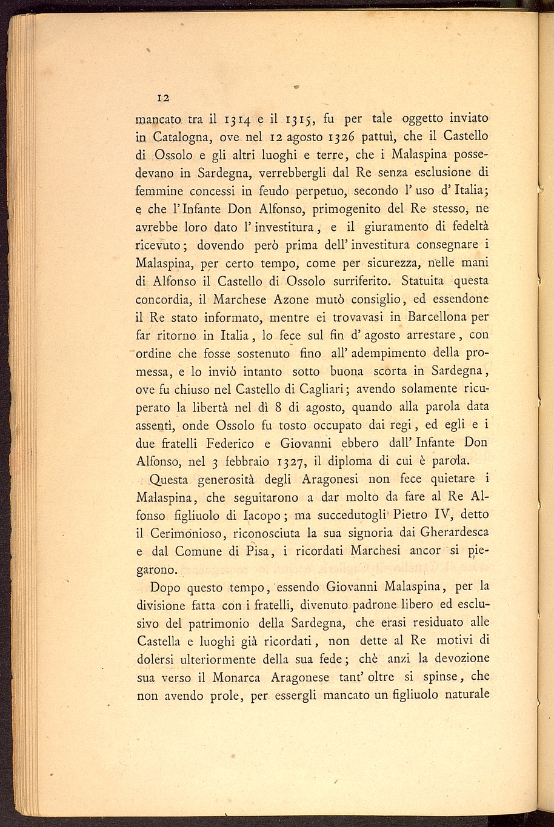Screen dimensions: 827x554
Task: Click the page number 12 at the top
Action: tap(163, 98)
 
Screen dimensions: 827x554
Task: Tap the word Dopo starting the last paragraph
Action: tap(165, 587)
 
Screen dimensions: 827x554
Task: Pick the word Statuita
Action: tap(416, 281)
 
